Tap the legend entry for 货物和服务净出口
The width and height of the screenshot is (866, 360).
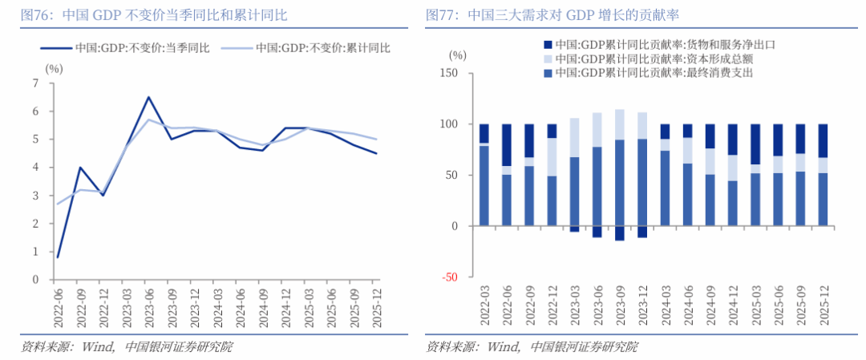coord(660,44)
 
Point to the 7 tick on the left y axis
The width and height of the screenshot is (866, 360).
coord(35,83)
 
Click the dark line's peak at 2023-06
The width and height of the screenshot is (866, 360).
coord(148,97)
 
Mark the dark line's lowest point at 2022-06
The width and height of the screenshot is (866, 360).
coord(57,257)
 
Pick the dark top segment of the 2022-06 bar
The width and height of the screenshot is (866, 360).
coord(506,145)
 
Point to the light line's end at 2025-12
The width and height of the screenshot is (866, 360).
coord(377,140)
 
